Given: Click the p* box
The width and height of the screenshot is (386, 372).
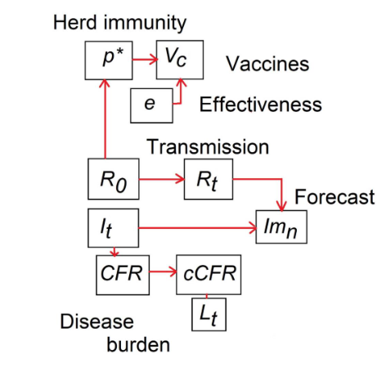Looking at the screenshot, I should click(108, 61).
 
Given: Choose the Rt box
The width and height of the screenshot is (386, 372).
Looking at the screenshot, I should click(209, 178).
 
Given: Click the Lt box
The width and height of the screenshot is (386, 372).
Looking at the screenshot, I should click(209, 314).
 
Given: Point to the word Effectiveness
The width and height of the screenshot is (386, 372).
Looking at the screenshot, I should click(260, 105).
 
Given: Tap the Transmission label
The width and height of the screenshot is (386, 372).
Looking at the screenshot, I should click(208, 147).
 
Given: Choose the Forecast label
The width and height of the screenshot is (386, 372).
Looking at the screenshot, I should click(334, 197).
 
